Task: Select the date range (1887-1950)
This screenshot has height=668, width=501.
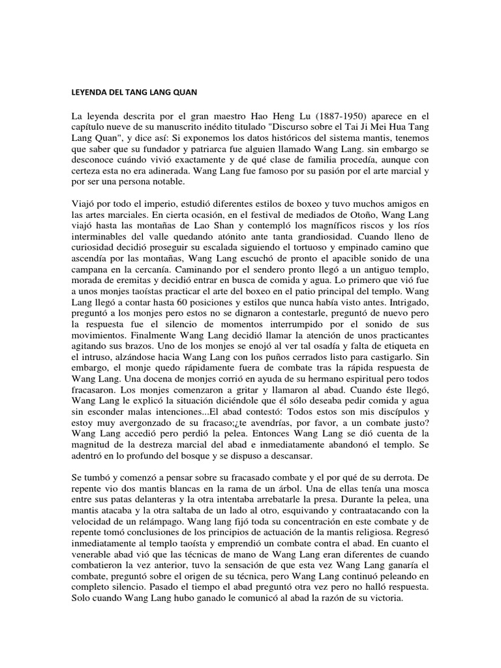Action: coord(324,117)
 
